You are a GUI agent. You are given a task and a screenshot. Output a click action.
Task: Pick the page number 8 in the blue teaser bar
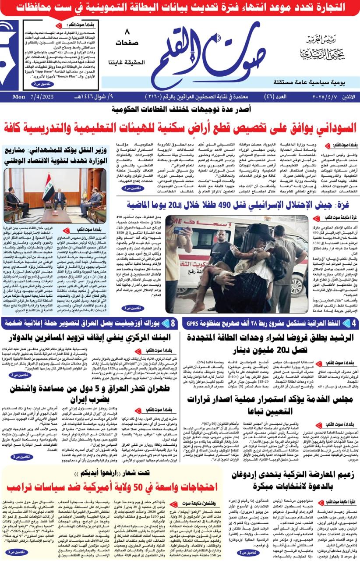[173, 324]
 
